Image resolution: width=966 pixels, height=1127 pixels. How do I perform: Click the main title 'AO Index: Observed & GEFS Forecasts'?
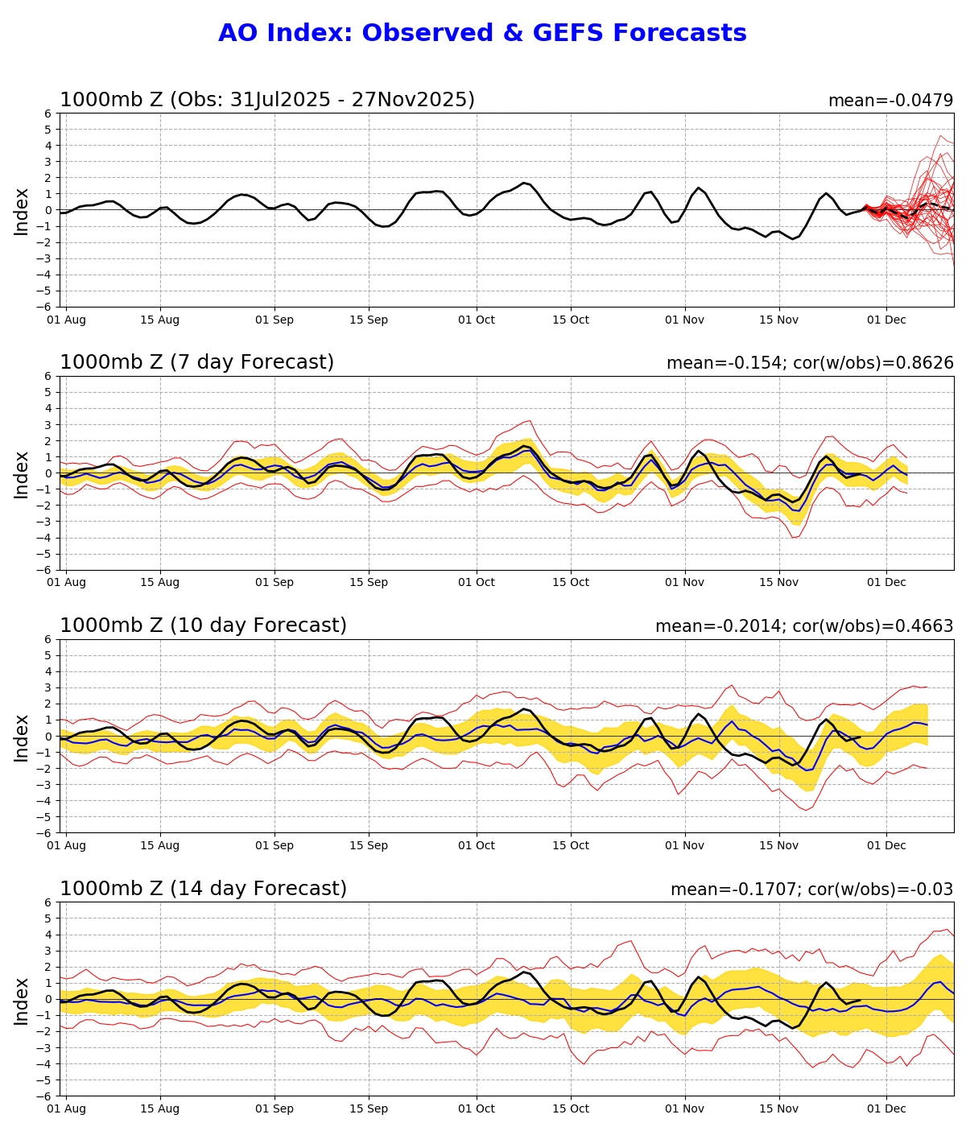(482, 34)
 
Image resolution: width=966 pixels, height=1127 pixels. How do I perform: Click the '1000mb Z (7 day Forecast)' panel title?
(196, 363)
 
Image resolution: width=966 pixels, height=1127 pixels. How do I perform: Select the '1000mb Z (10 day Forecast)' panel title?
(203, 626)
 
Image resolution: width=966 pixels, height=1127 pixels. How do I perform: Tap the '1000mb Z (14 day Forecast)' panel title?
(203, 890)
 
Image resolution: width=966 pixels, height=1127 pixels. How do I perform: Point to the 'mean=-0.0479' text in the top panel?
(890, 101)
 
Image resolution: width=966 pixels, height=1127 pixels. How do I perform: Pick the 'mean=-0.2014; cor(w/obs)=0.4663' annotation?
(803, 627)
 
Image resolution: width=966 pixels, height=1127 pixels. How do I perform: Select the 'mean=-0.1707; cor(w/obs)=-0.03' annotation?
(811, 890)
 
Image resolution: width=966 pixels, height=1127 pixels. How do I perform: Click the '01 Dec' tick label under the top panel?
(886, 320)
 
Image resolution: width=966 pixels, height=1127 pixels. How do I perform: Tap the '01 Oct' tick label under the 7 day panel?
(477, 583)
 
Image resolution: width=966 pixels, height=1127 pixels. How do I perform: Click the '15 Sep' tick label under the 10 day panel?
(369, 846)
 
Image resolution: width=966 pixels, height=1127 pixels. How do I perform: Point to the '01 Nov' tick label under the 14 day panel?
(685, 1109)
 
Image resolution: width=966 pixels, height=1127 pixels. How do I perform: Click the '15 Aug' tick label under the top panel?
(159, 320)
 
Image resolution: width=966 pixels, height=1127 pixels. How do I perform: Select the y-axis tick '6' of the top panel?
(48, 114)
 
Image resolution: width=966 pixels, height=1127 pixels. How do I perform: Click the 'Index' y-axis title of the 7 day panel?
(22, 474)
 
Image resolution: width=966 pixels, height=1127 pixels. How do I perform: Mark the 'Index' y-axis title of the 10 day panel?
(22, 737)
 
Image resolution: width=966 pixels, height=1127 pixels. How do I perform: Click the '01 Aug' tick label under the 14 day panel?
(65, 1109)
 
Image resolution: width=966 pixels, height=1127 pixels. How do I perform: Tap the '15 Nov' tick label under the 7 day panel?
(779, 583)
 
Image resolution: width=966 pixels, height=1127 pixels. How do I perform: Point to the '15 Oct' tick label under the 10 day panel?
(571, 846)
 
